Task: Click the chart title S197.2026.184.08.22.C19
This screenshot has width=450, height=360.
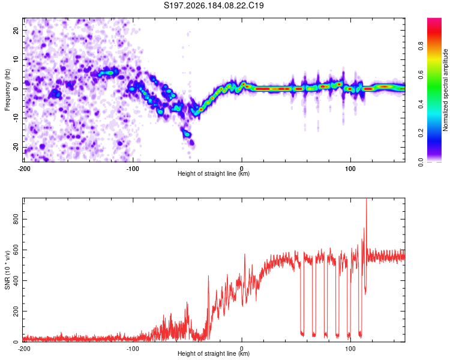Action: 214,5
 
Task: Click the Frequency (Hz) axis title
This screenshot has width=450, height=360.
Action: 7,90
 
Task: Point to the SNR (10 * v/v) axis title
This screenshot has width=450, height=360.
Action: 7,270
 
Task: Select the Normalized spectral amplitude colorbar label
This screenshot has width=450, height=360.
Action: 445,90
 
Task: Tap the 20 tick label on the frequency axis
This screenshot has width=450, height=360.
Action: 16,30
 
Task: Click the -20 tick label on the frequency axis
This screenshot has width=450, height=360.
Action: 16,147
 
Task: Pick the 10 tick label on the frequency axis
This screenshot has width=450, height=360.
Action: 16,59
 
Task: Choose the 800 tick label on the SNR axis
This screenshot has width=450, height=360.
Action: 16,219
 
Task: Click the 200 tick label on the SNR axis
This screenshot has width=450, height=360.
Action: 16,311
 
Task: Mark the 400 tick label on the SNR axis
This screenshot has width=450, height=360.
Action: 16,280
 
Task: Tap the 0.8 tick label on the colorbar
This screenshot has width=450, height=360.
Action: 421,46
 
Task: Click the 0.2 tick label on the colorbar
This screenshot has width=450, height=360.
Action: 421,133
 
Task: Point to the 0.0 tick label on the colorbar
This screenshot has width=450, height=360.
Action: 421,162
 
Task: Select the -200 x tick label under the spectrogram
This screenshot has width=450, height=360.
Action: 24,169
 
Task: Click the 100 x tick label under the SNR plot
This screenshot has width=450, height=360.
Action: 350,349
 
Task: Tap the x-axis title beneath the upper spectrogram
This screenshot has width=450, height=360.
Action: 214,173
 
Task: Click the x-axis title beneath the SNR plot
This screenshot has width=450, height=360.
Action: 214,353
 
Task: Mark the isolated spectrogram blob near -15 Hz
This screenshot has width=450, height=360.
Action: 187,133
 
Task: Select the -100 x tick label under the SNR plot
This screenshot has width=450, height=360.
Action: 133,349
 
